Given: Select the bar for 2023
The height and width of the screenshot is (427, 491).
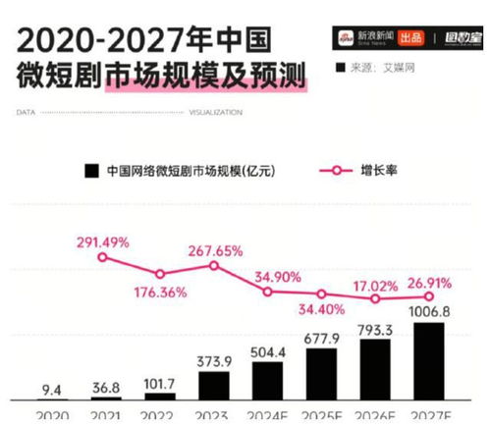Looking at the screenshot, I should pyautogui.click(x=215, y=384).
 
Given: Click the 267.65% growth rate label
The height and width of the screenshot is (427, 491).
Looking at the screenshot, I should pyautogui.click(x=215, y=250).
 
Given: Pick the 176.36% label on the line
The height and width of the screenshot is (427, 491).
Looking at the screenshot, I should pyautogui.click(x=158, y=292).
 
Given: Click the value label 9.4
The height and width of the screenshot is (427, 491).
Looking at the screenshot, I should pyautogui.click(x=50, y=388).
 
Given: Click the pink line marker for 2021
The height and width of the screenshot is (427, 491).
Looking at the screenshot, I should pyautogui.click(x=103, y=257).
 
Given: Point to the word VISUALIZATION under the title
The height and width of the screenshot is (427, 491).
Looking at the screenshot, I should pyautogui.click(x=220, y=114).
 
